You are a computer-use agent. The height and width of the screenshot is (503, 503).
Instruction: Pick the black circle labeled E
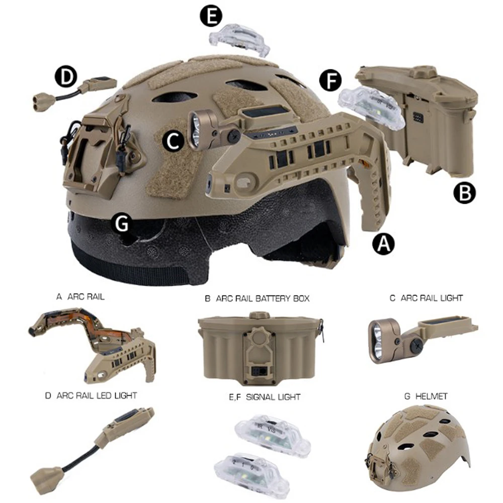(211, 17)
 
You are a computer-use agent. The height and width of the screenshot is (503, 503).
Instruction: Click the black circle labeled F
(330, 80)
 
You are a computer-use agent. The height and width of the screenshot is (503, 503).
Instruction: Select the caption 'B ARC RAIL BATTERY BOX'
(257, 298)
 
